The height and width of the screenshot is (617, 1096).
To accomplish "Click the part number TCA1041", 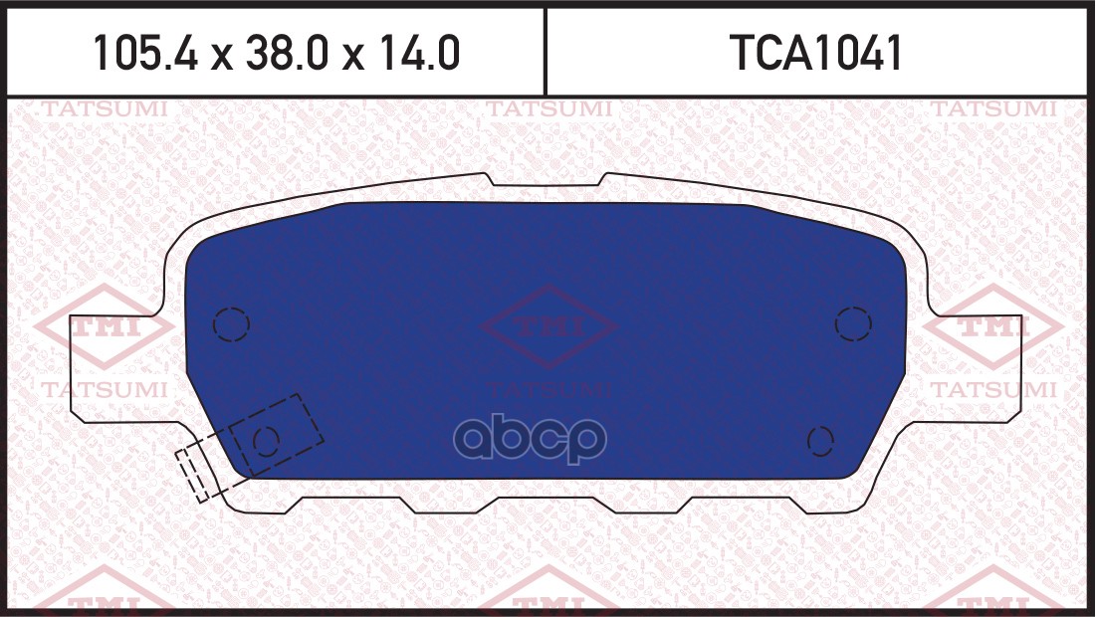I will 816,54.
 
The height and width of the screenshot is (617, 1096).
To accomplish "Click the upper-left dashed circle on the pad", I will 230,323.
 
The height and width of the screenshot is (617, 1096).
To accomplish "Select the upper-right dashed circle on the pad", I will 853,323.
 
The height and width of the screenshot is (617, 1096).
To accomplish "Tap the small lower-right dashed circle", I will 820,439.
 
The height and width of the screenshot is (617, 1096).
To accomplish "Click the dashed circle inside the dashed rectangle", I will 266,439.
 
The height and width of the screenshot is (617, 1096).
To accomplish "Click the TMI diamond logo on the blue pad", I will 548,326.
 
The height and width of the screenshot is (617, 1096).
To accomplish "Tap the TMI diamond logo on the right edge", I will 995,326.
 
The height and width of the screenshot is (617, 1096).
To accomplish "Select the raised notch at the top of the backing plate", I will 546,180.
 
